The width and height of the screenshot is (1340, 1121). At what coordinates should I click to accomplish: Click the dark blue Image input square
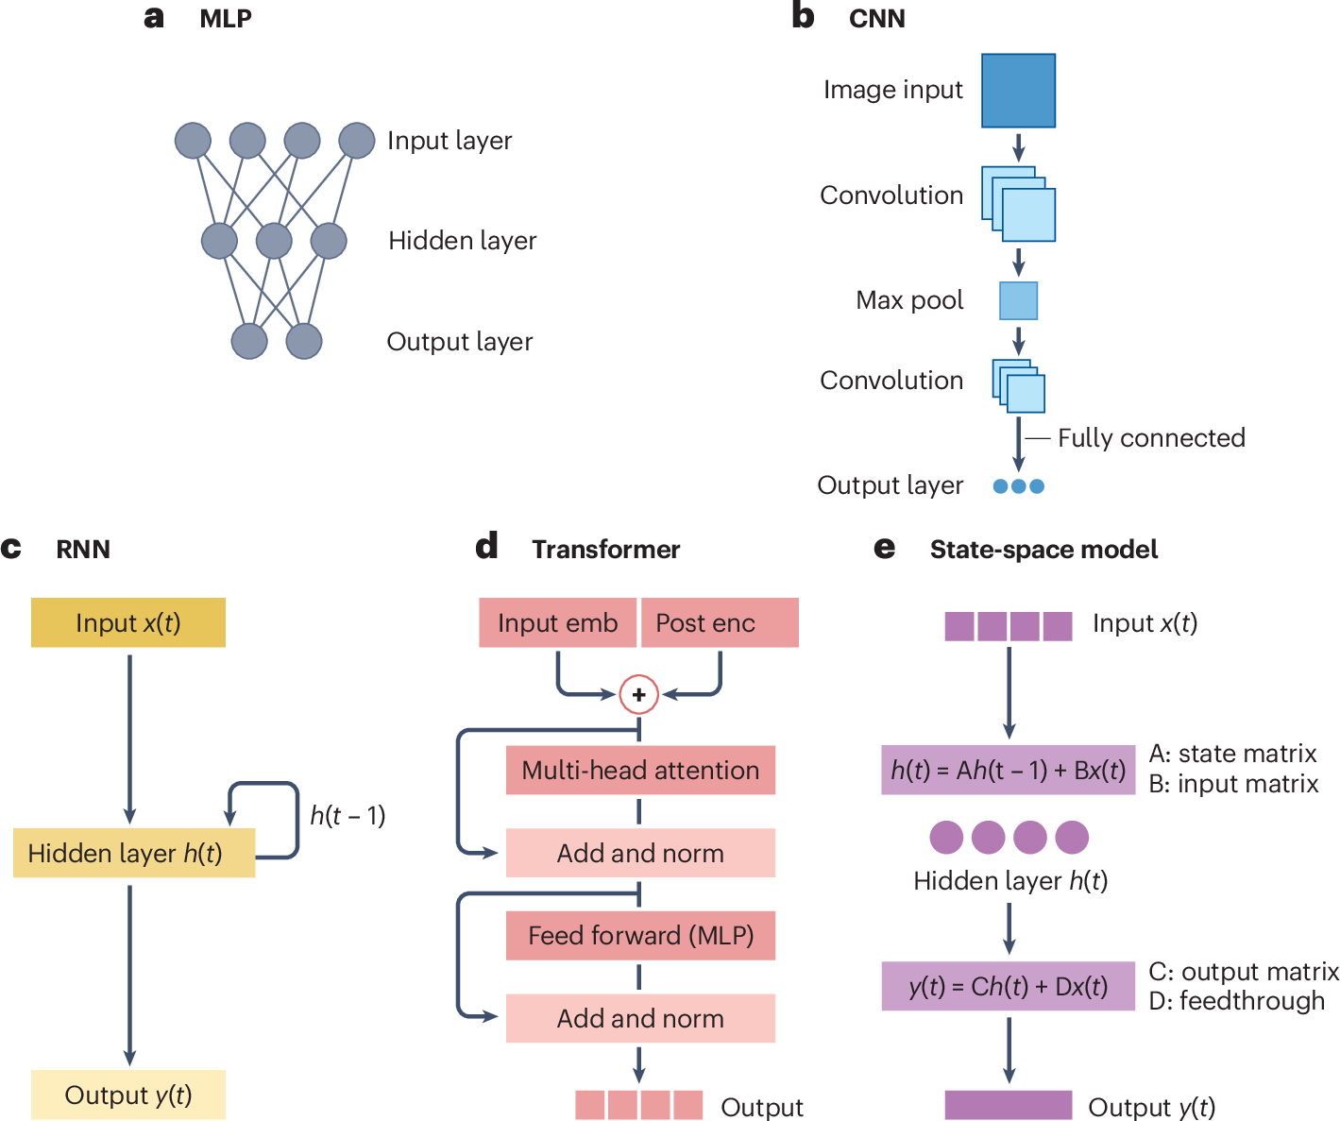coord(1018,91)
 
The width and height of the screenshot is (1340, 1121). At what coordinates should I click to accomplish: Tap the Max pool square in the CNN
coord(1018,300)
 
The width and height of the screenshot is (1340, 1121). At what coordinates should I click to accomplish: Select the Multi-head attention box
coord(640,770)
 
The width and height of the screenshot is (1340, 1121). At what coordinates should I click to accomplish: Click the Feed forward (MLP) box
coord(640,935)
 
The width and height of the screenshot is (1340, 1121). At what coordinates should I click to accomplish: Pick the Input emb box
coord(557,622)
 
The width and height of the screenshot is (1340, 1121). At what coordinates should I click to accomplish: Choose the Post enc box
coord(720,622)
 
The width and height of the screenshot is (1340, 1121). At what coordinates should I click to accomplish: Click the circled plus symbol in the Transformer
coord(638,695)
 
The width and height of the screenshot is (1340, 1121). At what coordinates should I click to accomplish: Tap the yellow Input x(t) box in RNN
coord(127,622)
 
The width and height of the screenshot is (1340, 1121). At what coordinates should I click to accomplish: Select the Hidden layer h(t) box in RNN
coord(133,853)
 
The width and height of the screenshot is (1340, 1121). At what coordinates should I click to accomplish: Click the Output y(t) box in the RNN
coord(127,1095)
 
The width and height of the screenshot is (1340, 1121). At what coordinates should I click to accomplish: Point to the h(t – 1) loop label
coord(348,815)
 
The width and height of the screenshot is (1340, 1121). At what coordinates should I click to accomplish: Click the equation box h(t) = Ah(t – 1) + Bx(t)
coord(1008,770)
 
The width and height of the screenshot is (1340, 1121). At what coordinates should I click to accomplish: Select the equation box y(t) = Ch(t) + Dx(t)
coord(1008,986)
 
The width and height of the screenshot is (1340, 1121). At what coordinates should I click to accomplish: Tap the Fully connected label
coord(1150,438)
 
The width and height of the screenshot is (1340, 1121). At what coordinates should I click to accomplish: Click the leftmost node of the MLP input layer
coord(193,141)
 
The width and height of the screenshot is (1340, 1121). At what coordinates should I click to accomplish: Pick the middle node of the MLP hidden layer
coord(274,241)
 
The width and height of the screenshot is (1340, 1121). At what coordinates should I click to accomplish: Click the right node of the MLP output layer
coord(304,341)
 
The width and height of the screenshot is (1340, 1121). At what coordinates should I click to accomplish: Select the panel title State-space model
coord(1043,550)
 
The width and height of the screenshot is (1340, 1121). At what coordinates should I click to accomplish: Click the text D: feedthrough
coord(1236,1001)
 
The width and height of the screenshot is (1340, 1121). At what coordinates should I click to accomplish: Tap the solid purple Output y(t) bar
coord(1008,1105)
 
